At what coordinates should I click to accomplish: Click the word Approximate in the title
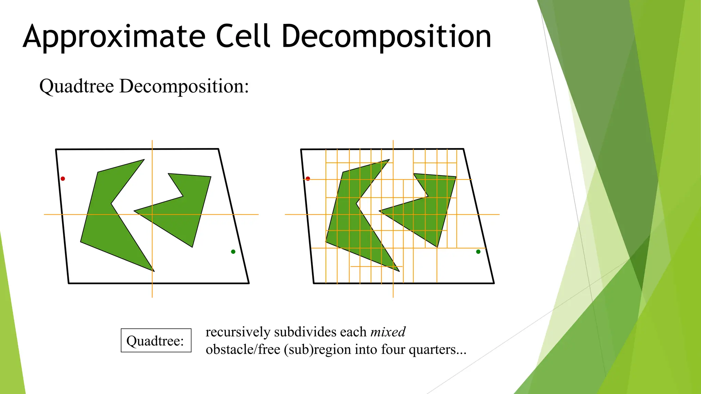pyautogui.click(x=114, y=37)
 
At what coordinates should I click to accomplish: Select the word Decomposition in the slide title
pyautogui.click(x=386, y=37)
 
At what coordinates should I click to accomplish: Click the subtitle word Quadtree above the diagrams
pyautogui.click(x=77, y=86)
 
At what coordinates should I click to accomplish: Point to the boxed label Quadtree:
pyautogui.click(x=156, y=341)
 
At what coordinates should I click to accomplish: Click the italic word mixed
pyautogui.click(x=388, y=332)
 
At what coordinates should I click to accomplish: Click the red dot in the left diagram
pyautogui.click(x=63, y=179)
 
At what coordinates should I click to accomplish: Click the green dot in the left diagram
pyautogui.click(x=233, y=252)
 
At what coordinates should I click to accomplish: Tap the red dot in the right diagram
pyautogui.click(x=308, y=179)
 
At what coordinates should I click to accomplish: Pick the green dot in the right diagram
pyautogui.click(x=478, y=252)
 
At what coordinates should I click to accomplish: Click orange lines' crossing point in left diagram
pyautogui.click(x=152, y=214)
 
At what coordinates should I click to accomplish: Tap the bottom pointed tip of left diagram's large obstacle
pyautogui.click(x=153, y=271)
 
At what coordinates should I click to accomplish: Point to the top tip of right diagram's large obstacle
pyautogui.click(x=388, y=160)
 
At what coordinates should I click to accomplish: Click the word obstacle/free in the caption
pyautogui.click(x=243, y=350)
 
